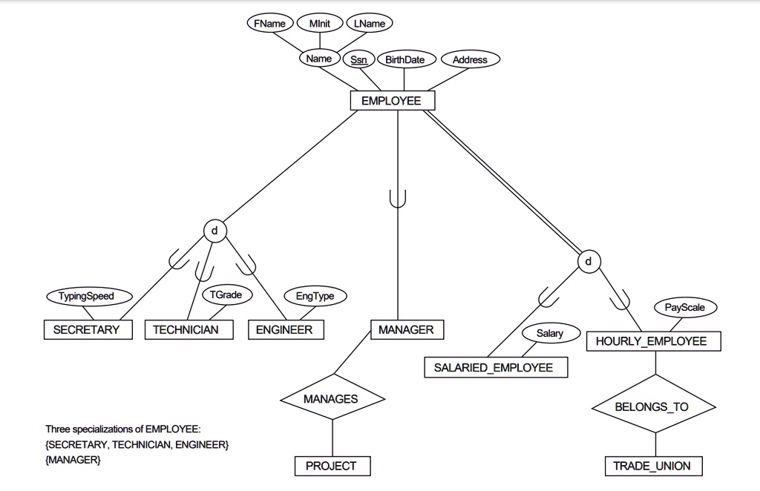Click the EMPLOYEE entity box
pos(392,101)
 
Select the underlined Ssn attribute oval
pos(358,60)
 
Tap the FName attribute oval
pos(269,24)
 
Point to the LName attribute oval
pos(369,24)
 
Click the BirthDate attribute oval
pos(405,60)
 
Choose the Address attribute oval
pos(470,60)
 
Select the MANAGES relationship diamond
pos(331,399)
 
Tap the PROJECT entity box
pos(332,466)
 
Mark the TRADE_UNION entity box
pos(652,466)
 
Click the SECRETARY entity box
pos(86,330)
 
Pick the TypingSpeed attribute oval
pos(88,296)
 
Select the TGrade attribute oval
pos(226,294)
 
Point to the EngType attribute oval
pos(315,296)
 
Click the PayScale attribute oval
pos(685,306)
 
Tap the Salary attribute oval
pos(550,334)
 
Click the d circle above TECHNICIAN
pos(214,231)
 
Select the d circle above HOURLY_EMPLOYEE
pos(589,262)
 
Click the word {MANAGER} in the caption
pos(73,460)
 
